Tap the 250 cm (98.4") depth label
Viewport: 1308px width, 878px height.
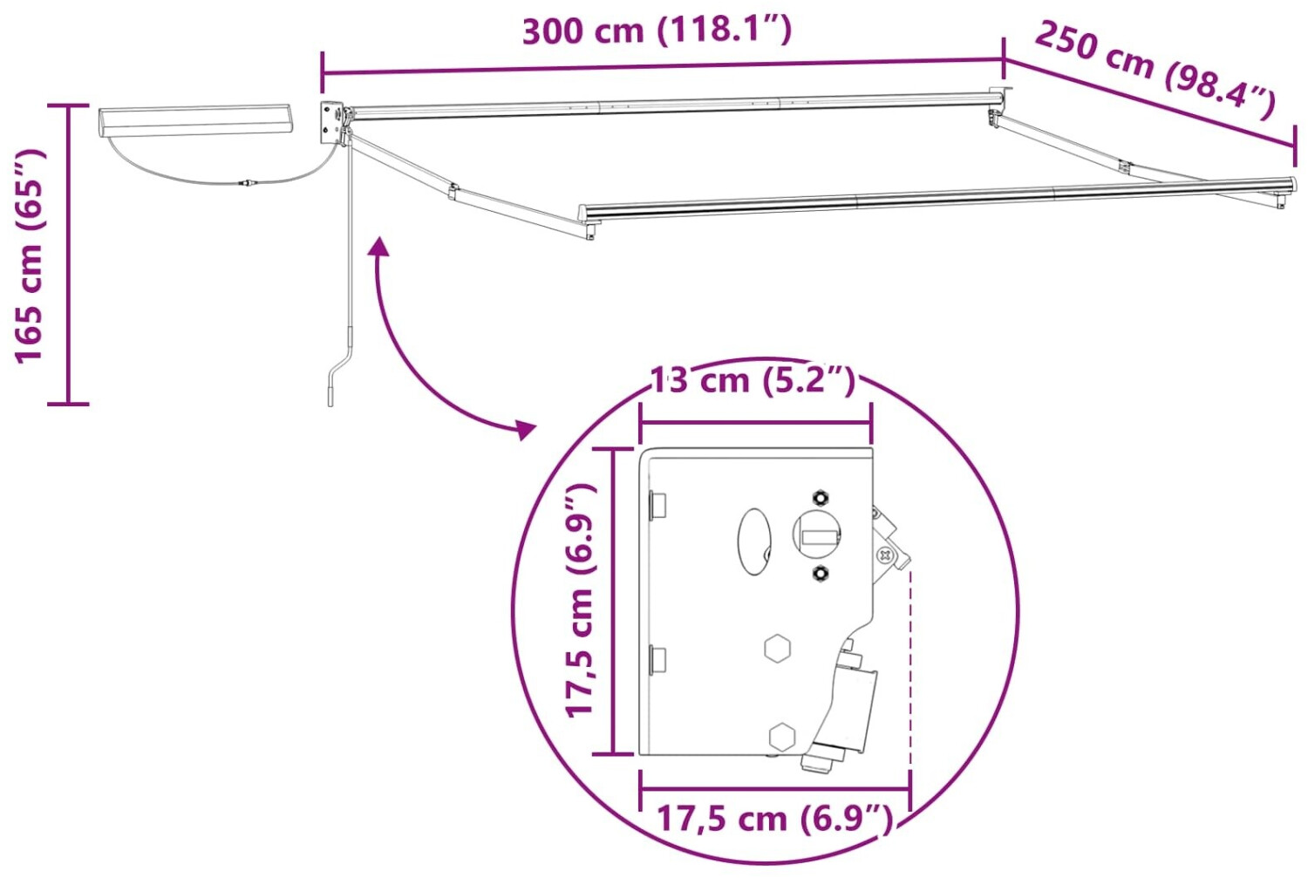[x=1155, y=70]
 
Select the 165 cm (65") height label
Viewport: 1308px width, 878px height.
[x=29, y=257]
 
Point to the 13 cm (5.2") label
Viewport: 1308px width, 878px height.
[x=753, y=381]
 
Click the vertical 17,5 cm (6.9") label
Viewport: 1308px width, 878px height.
[x=581, y=601]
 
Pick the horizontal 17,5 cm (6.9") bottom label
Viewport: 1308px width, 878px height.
[x=775, y=818]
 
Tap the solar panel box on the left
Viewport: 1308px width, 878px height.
[x=195, y=121]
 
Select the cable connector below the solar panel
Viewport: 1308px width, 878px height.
[x=249, y=184]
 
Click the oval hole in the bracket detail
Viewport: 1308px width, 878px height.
[x=754, y=541]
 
